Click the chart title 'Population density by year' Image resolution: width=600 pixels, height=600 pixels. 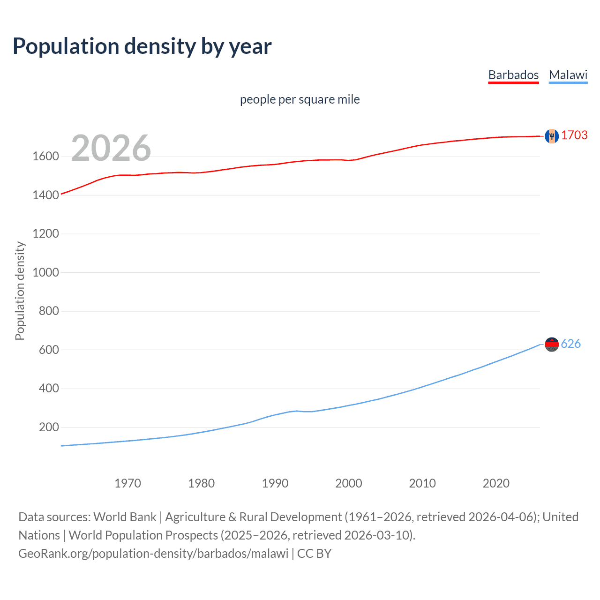pos(142,46)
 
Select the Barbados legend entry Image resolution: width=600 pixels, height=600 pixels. pos(513,75)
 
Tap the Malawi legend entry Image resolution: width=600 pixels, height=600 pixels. pos(568,75)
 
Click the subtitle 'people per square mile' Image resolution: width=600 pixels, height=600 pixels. pos(300,99)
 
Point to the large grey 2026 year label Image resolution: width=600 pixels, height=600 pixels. pos(111,148)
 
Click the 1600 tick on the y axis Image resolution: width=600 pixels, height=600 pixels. pos(45,157)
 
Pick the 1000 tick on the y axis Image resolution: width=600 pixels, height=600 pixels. pos(45,273)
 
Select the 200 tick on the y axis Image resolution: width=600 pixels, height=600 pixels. pos(49,427)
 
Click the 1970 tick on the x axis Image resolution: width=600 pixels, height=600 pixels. pos(127,483)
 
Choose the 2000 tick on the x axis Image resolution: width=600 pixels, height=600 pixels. pos(348,483)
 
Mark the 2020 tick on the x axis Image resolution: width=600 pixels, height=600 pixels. pos(496,483)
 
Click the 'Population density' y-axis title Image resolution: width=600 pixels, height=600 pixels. pos(20,291)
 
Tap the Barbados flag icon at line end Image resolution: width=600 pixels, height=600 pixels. pos(552,136)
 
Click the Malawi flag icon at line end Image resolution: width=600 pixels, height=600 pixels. pos(552,345)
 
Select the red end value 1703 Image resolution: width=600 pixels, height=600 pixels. pos(574,135)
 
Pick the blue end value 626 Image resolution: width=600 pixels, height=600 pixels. pos(570,344)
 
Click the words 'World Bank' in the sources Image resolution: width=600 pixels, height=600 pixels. pos(125,517)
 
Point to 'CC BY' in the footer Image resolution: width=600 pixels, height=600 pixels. pos(314,554)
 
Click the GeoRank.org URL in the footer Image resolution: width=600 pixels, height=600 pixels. pos(153,554)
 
